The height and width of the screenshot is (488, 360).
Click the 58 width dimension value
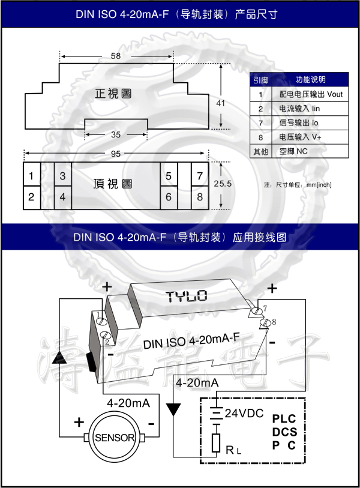tap(116, 56)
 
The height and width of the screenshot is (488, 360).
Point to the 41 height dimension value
tap(220, 103)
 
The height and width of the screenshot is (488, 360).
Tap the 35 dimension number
tap(116, 135)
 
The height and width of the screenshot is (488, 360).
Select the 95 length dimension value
tap(116, 154)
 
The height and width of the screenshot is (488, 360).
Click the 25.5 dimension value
tap(223, 184)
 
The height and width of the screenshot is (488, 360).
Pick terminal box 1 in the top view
tap(31, 176)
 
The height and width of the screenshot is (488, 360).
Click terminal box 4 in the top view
tap(62, 197)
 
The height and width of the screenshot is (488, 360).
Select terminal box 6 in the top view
tap(169, 197)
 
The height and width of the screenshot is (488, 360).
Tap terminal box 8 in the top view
tap(200, 197)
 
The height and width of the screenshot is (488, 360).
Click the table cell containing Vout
tap(310, 94)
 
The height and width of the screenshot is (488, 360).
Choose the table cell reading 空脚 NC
tap(310, 151)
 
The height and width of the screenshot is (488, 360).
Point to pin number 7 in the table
tap(260, 123)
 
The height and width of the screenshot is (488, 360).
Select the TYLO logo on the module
tap(186, 295)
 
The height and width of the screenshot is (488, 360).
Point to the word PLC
tap(284, 418)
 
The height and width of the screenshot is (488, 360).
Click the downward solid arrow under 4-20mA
tap(174, 410)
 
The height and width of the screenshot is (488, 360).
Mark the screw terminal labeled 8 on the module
tap(265, 324)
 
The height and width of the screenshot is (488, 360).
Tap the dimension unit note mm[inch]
tap(319, 184)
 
